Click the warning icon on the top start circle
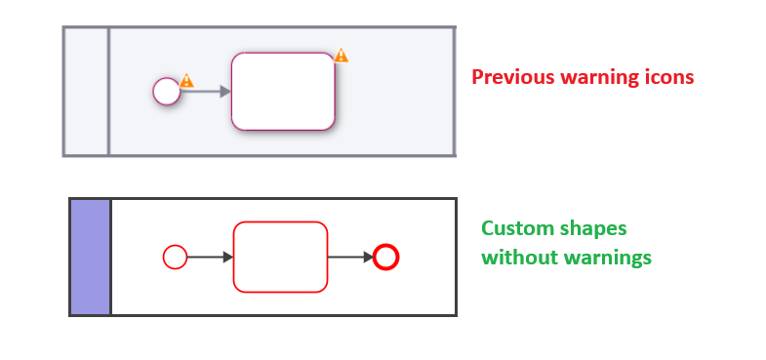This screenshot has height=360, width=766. (186, 81)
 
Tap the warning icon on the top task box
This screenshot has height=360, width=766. (341, 56)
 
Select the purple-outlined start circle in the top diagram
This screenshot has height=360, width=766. (167, 92)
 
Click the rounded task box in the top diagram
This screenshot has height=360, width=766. (283, 92)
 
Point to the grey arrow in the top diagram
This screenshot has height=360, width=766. (205, 92)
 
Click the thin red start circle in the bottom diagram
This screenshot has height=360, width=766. (175, 258)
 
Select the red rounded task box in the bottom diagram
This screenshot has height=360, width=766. (280, 257)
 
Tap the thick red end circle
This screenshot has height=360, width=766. (386, 258)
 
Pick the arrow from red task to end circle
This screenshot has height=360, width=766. (348, 258)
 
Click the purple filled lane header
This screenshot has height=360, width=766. (90, 257)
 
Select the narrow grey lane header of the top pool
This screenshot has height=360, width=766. (86, 92)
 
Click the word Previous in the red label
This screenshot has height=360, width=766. (508, 77)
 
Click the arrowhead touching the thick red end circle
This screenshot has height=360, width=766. (368, 258)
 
